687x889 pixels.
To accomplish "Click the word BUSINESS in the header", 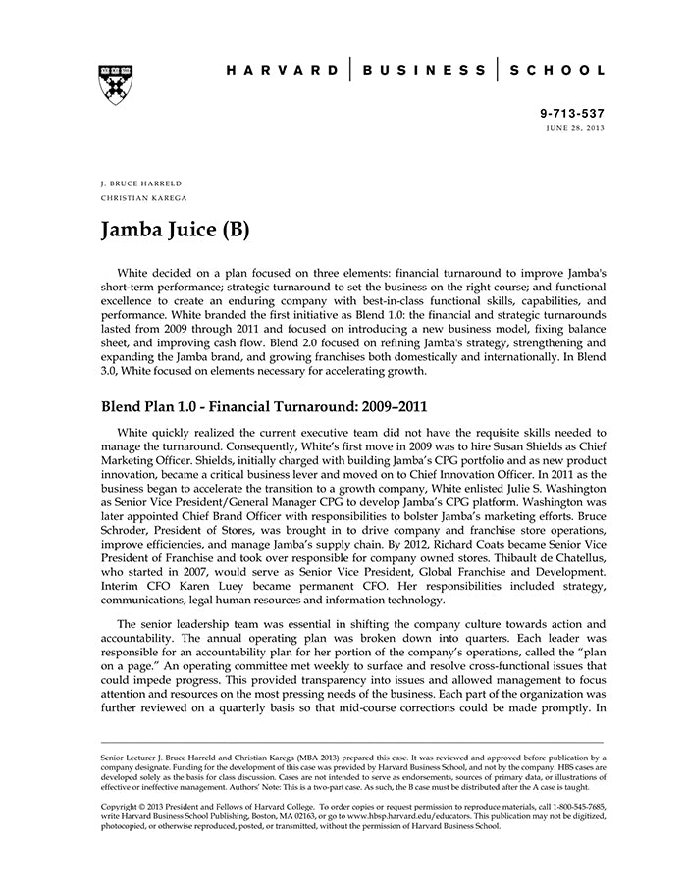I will [x=424, y=71].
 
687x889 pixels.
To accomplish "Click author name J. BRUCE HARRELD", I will [x=141, y=183].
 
